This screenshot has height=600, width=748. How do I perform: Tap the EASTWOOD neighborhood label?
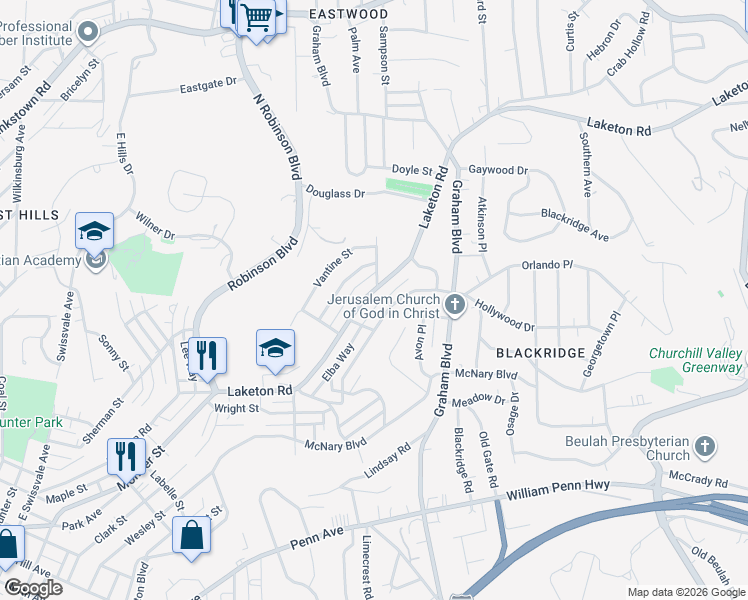(x=348, y=14)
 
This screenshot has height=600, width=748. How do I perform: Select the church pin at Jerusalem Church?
(x=455, y=303)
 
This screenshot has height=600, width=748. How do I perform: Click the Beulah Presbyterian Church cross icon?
(x=705, y=445)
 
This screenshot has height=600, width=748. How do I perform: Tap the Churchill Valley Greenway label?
(x=696, y=360)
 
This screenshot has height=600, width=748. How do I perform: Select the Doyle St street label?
(x=411, y=171)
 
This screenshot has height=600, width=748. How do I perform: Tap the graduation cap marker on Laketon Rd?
(x=275, y=348)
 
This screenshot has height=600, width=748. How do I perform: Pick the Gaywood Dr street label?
(x=498, y=171)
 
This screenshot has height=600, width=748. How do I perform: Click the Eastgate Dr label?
(x=208, y=87)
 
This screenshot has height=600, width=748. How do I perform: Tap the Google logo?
(x=32, y=588)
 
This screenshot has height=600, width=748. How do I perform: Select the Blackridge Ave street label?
(x=575, y=224)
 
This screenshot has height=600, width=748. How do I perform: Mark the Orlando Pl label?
(x=546, y=266)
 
